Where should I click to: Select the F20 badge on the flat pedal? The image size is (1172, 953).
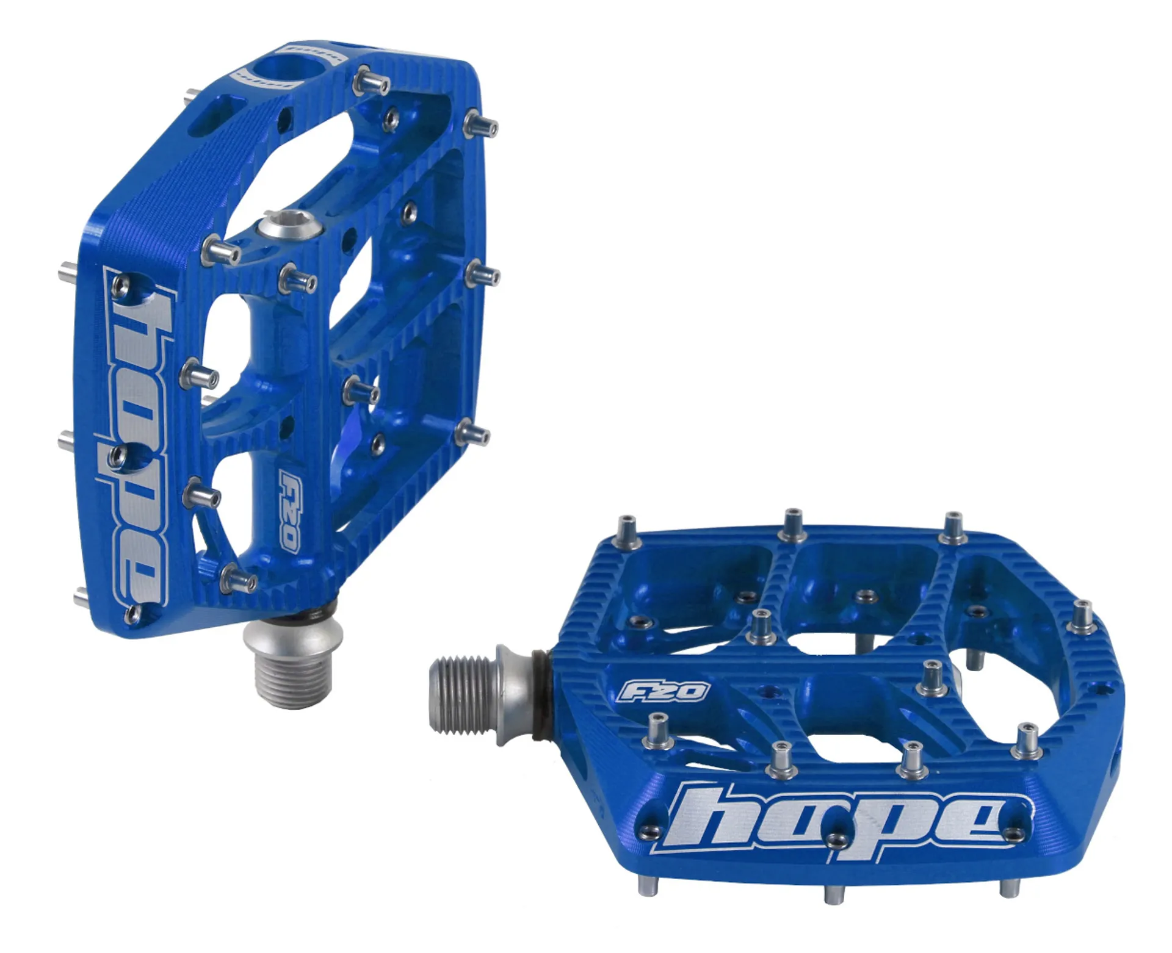[664, 691]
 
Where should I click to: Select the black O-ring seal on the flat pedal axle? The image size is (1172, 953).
[541, 696]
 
